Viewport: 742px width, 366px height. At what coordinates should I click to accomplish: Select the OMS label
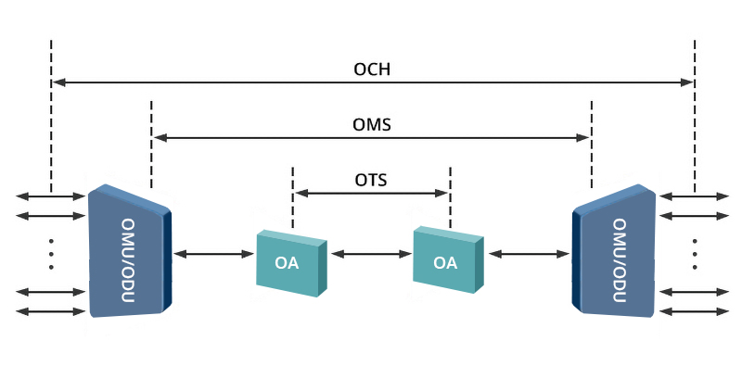point(371,124)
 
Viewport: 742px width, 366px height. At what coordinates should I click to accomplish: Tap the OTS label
point(371,180)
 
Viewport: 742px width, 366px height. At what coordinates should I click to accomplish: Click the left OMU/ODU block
point(130,251)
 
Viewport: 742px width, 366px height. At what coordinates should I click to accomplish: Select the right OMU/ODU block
point(615,251)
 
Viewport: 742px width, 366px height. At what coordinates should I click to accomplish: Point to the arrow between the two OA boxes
point(370,253)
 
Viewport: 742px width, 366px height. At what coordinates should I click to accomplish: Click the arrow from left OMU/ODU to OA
point(212,253)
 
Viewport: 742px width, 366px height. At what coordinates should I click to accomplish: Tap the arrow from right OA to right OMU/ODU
point(529,253)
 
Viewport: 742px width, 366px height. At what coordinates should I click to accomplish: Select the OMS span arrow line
point(371,138)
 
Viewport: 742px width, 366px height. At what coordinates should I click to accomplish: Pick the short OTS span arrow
point(371,194)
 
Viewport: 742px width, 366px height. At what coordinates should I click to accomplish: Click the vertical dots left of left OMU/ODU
point(51,253)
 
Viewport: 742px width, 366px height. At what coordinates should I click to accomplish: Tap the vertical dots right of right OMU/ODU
point(695,253)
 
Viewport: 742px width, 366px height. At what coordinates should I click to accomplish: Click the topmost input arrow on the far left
point(51,196)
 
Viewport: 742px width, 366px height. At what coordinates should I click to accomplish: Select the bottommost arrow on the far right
point(695,309)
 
